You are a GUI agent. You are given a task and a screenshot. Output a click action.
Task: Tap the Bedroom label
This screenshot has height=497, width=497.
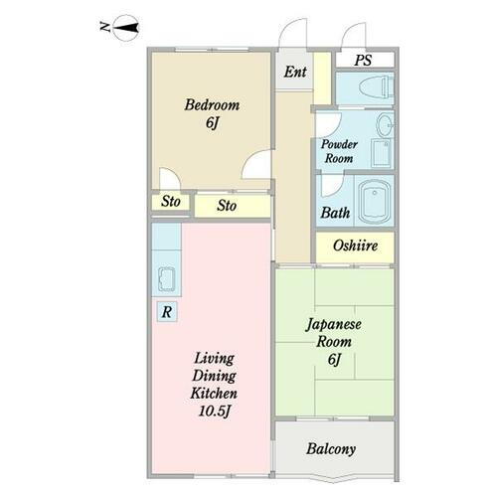coord(212,105)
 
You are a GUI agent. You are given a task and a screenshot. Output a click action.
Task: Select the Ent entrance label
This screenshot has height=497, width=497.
coord(293,73)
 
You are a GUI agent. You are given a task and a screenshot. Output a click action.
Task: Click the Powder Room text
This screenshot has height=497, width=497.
coord(337,151)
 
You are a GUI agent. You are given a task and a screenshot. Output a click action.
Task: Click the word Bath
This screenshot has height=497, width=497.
coord(335,213)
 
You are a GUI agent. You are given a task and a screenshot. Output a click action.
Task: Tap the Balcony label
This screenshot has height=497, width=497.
coord(331,449)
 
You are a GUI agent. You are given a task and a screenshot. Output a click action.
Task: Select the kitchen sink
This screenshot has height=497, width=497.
coord(165,281)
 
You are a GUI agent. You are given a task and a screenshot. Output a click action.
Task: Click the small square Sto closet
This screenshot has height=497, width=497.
coord(171,202)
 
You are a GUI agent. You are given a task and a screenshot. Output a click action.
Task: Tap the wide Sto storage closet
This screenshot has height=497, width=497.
coord(228,207)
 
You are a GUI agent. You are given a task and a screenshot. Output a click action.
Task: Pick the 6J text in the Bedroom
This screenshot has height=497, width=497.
coord(212,123)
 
